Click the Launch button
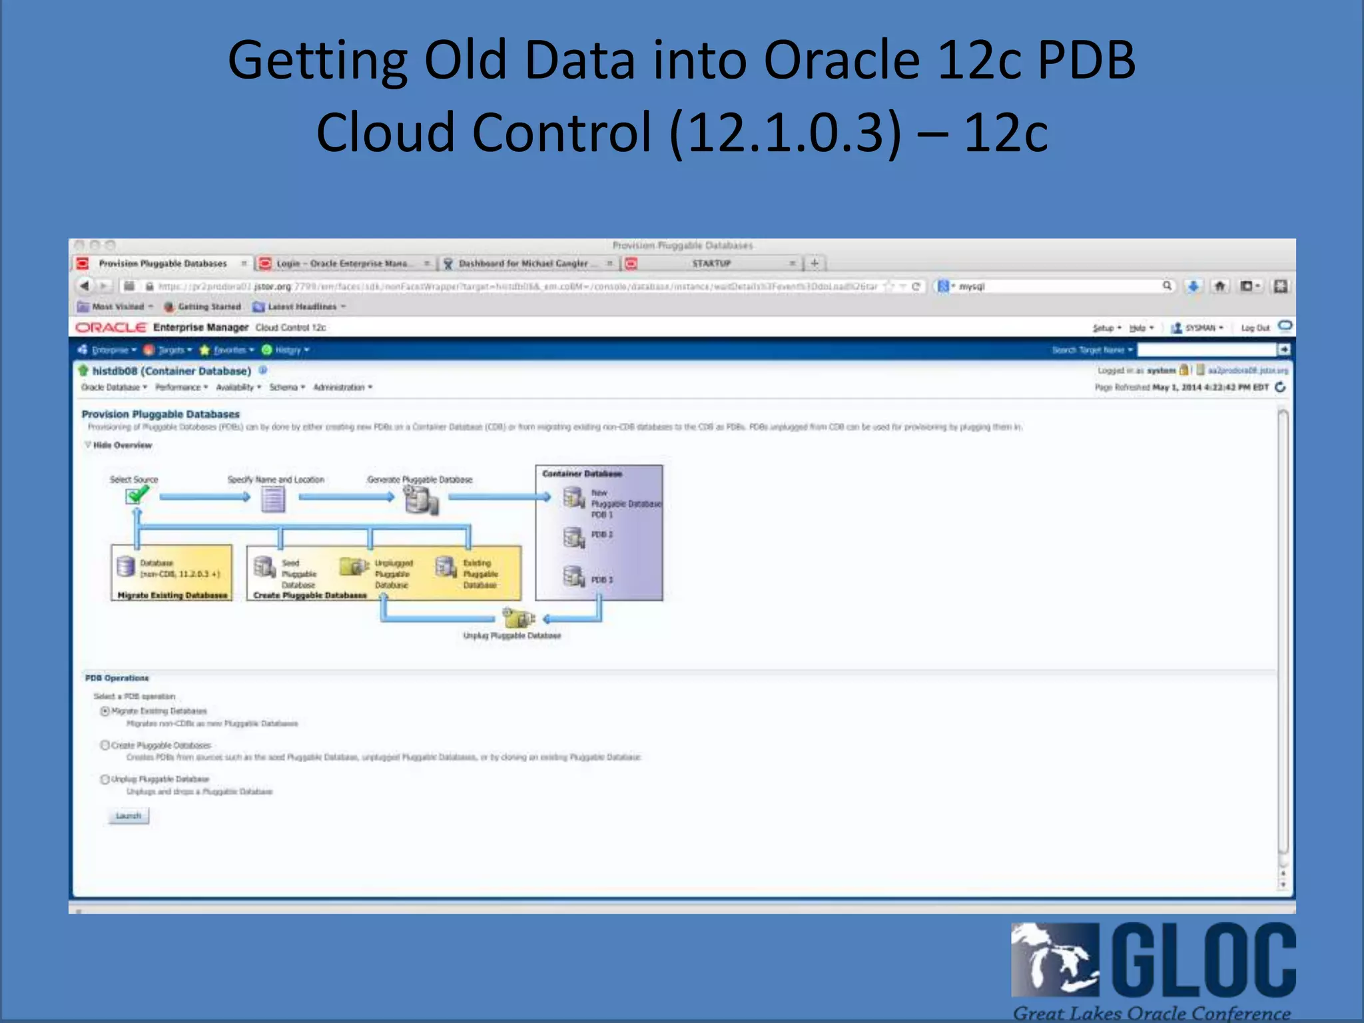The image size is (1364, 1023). (129, 816)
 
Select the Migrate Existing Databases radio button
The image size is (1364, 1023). (105, 711)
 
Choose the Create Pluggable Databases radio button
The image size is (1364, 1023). (105, 745)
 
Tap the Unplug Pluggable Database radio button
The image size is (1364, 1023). (105, 779)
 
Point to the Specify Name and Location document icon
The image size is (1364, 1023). (273, 499)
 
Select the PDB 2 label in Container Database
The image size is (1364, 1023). (602, 535)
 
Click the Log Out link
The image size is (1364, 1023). (1255, 328)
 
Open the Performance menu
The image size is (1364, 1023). (181, 387)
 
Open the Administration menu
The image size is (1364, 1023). (342, 387)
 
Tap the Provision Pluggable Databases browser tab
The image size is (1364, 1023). (163, 264)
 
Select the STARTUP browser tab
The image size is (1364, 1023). (711, 264)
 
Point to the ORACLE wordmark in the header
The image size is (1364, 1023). (111, 328)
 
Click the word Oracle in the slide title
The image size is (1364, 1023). (842, 60)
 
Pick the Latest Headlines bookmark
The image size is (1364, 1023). (302, 307)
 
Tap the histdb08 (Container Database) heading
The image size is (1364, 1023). (171, 371)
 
